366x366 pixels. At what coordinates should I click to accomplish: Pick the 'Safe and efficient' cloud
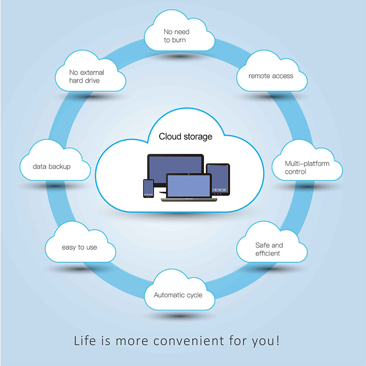coord(271,247)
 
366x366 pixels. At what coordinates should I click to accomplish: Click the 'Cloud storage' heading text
coord(185,136)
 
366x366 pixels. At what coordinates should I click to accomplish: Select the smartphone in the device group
coord(148,188)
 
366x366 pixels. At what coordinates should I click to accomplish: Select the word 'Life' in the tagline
coord(86,341)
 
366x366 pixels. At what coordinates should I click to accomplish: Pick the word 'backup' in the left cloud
coord(60,167)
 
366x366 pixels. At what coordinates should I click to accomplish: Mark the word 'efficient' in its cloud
coord(268,253)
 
